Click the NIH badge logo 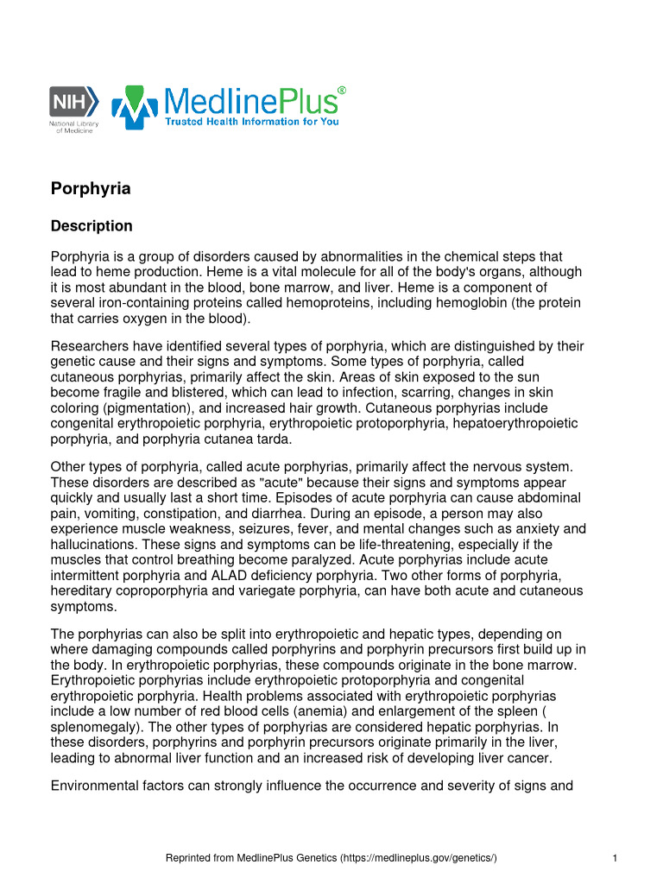[73, 101]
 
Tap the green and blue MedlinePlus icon [133, 107]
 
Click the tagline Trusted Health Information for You [252, 122]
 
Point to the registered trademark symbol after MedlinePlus [342, 90]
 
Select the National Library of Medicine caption [73, 127]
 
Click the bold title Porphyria [91, 188]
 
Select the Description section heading [92, 226]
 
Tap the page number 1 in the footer [613, 857]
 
